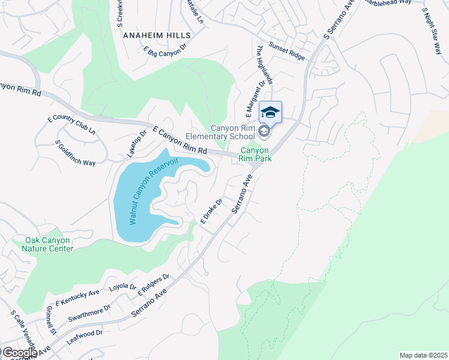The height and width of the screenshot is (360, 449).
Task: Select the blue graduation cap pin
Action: point(270,112)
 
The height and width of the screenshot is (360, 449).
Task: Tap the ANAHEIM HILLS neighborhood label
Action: point(157,35)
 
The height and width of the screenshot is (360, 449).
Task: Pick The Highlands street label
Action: point(265,65)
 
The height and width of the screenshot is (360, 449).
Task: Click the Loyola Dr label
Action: point(123,287)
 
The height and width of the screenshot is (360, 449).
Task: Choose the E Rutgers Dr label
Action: point(154,286)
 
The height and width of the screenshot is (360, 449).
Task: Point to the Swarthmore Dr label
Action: point(89,313)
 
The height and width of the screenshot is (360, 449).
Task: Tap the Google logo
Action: point(19,353)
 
